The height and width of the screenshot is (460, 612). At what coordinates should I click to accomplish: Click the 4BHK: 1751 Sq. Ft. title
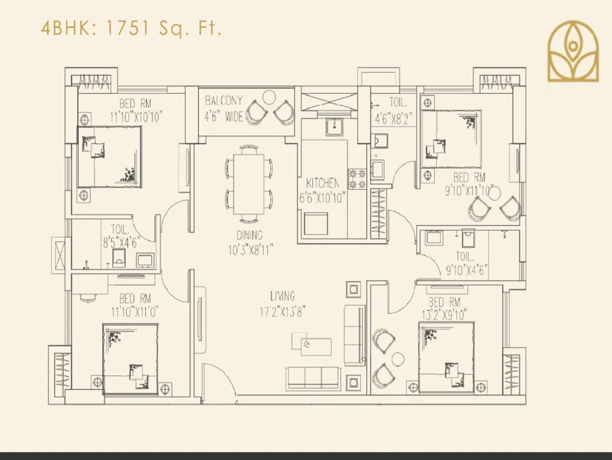(x=131, y=28)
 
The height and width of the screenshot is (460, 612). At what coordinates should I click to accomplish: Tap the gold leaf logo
(x=573, y=51)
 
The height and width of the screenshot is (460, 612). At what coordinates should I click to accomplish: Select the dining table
(x=249, y=184)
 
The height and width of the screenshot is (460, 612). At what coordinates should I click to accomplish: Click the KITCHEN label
(x=322, y=183)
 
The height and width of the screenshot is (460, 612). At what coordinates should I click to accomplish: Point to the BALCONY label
(x=224, y=101)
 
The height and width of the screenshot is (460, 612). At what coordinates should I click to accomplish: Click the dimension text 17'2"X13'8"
(x=282, y=312)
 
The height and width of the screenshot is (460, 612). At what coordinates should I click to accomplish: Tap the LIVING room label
(x=282, y=296)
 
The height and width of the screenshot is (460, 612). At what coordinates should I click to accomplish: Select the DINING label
(x=250, y=235)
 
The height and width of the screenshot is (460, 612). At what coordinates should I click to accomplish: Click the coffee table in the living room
(x=311, y=344)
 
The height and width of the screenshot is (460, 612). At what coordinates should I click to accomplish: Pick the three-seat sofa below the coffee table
(x=313, y=378)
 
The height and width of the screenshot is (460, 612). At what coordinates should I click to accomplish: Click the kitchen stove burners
(x=357, y=179)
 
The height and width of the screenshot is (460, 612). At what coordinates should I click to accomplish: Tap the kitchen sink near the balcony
(x=334, y=127)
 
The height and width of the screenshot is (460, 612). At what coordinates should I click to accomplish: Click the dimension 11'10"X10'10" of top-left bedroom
(x=136, y=117)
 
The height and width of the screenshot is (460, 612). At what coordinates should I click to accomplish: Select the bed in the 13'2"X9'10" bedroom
(x=447, y=357)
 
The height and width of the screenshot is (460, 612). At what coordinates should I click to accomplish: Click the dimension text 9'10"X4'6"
(x=466, y=270)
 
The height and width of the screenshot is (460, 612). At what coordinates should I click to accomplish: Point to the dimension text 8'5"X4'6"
(x=121, y=243)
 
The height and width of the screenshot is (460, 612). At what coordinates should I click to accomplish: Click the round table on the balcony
(x=269, y=97)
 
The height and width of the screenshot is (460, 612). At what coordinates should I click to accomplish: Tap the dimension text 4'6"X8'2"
(x=394, y=118)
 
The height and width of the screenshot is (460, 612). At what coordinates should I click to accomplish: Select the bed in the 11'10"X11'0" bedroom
(x=131, y=359)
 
